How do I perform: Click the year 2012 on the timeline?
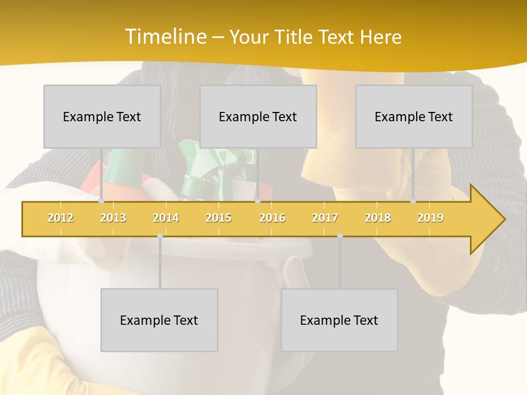click(x=60, y=218)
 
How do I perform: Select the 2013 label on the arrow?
click(x=113, y=218)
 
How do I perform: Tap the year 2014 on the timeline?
click(x=166, y=218)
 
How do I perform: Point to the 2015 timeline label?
click(x=218, y=218)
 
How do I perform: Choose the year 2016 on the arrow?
click(x=272, y=218)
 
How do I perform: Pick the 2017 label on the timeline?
click(x=325, y=218)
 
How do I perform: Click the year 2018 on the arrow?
click(x=378, y=218)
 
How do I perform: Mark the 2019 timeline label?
click(x=430, y=218)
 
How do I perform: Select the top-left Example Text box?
click(x=102, y=116)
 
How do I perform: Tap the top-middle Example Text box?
click(x=258, y=116)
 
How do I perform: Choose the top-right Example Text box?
click(x=414, y=116)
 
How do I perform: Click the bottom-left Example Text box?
click(x=159, y=320)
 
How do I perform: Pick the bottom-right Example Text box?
click(x=339, y=320)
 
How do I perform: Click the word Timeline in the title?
click(x=164, y=37)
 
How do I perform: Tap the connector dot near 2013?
click(x=102, y=201)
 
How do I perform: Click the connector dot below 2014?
click(x=160, y=235)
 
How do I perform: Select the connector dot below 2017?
click(x=340, y=235)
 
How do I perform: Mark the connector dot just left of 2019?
click(x=413, y=201)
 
